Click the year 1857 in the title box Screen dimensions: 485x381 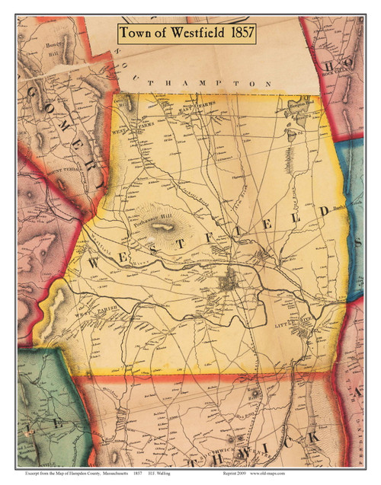(x=235, y=33)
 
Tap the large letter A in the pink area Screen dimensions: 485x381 (x=357, y=392)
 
